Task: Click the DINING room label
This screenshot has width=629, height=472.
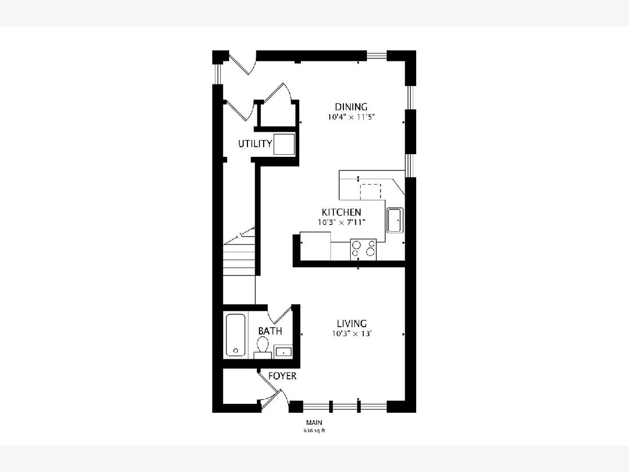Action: coord(351,107)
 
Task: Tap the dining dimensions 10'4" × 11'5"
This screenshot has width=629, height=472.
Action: coord(351,117)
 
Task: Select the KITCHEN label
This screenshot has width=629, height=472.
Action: coord(341,212)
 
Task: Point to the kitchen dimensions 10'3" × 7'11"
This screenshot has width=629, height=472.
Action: coord(342,222)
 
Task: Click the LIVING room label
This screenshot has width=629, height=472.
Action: coord(352,324)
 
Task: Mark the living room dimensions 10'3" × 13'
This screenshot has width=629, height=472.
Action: coord(352,334)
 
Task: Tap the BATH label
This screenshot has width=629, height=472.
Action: coord(270,331)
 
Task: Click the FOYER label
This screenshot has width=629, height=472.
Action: coord(282,376)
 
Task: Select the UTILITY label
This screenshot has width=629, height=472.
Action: coord(255,144)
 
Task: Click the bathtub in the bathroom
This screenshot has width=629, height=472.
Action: coord(235,335)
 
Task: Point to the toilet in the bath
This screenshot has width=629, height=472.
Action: coord(263,348)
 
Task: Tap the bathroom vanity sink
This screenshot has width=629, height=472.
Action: coord(283,351)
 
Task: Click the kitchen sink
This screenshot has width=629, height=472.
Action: coord(395,220)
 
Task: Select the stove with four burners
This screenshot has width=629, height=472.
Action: coord(363,249)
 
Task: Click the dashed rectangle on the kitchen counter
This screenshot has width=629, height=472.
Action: coord(370,191)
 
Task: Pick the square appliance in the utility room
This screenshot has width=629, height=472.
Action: coord(284,144)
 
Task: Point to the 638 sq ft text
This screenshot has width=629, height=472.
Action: coord(314,431)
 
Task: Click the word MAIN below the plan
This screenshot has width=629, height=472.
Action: coord(314,422)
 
